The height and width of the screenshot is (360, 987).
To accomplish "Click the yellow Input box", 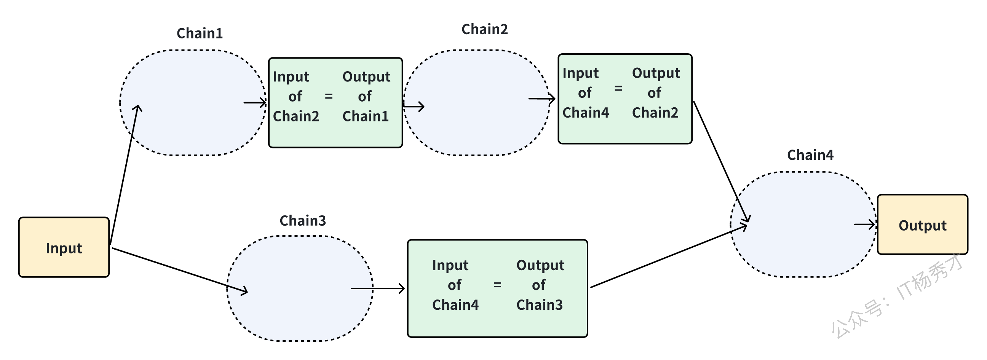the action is tap(64, 247).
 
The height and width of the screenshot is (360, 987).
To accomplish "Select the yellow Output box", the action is tap(923, 225).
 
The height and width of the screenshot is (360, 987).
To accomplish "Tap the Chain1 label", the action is tap(200, 33).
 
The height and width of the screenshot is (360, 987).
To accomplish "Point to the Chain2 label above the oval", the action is tap(485, 29).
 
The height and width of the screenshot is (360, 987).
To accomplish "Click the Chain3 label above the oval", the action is tap(303, 221).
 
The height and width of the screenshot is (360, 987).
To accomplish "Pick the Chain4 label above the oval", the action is tap(810, 155).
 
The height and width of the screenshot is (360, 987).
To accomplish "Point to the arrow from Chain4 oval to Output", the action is tap(865, 225).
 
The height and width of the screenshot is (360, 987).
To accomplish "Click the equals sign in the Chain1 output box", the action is tap(329, 96).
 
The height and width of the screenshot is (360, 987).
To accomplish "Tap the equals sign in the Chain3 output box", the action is tap(497, 285).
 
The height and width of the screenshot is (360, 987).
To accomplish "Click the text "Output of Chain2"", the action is tap(656, 93).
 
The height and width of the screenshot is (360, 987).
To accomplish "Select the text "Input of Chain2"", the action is tap(296, 96).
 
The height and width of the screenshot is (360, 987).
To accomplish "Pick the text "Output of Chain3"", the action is tap(540, 285).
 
